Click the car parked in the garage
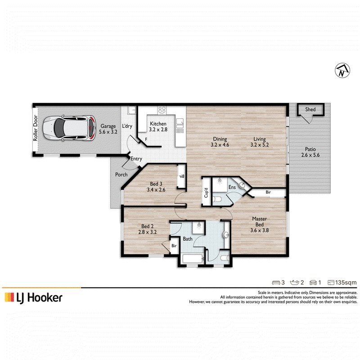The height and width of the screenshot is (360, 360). coord(69,128)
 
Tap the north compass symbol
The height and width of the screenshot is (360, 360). coord(342,70)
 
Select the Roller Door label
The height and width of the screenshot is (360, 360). coord(35,128)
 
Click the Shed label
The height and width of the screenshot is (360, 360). coord(310,109)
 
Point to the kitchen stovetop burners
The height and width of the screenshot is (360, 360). coord(162,110)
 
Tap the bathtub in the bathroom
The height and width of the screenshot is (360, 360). coord(193,259)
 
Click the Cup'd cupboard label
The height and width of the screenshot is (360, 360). coord(206,193)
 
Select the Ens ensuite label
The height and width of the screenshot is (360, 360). coord(232,187)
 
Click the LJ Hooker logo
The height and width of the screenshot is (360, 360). coord(33,298)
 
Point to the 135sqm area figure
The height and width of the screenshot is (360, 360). coord(346,283)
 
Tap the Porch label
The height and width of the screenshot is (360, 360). coord(121,175)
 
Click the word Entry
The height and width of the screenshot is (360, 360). coord(136,159)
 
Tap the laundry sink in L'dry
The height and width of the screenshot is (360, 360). coord(131,110)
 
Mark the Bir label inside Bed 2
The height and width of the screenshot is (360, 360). coord(174,246)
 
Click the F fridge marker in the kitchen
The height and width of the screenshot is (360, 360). coord(146,139)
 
